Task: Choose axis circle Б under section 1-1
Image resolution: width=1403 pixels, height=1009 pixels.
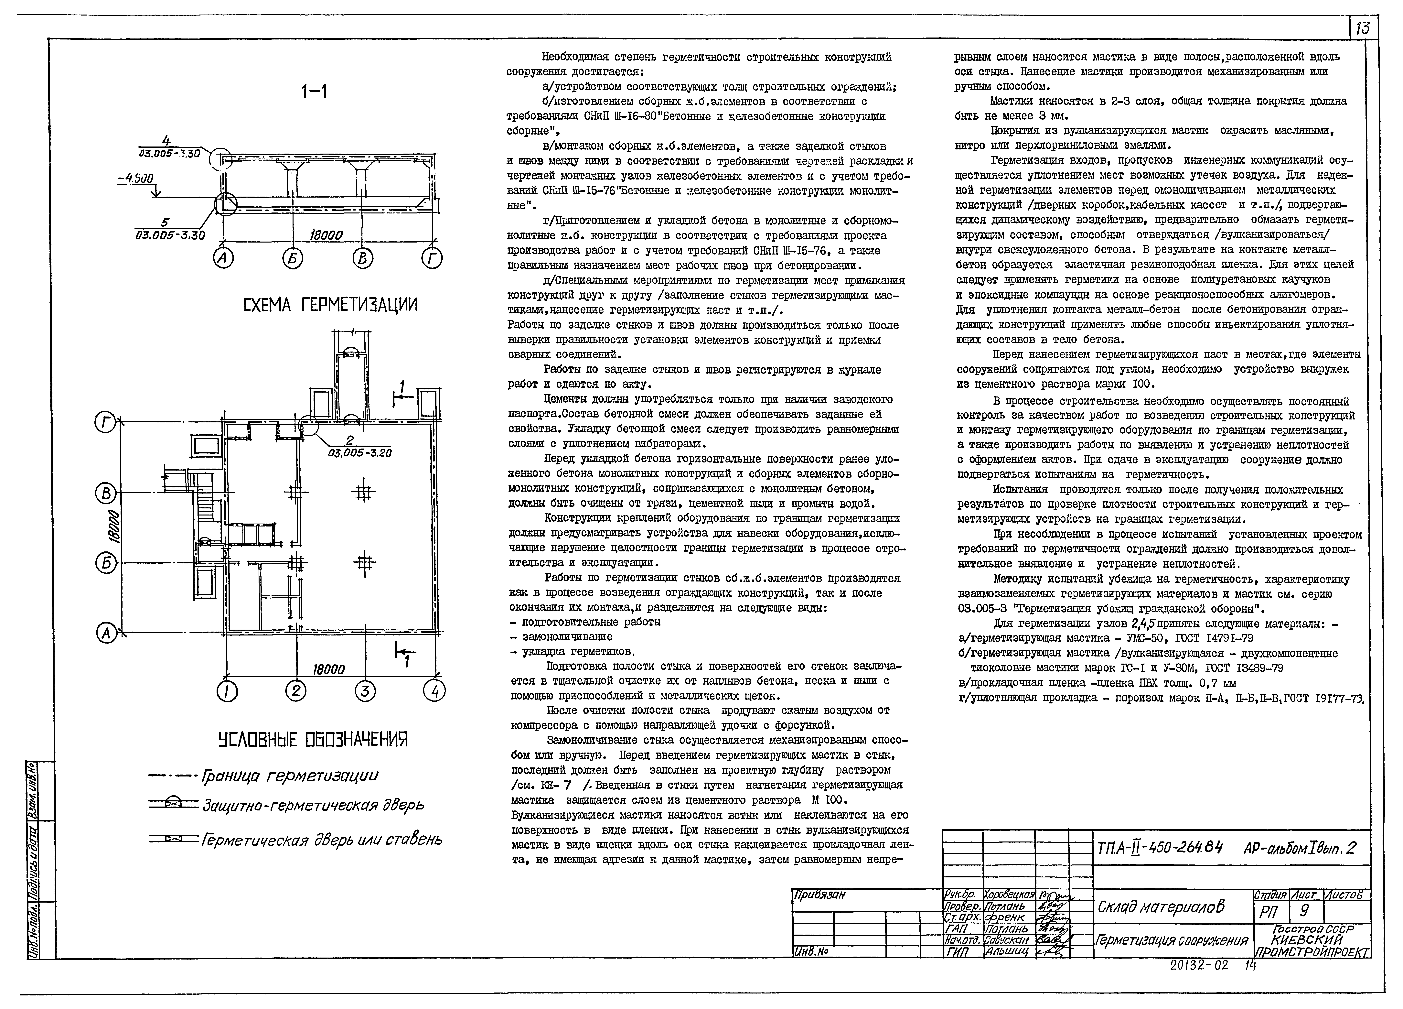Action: pos(293,259)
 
